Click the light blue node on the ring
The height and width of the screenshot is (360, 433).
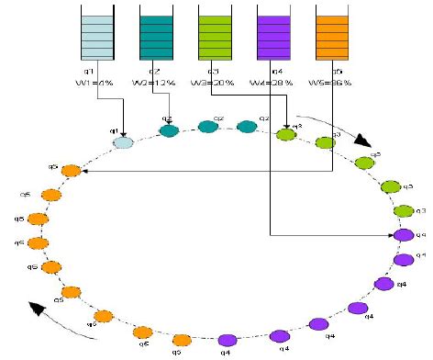[123, 141]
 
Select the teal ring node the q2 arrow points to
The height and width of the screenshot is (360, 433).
[169, 130]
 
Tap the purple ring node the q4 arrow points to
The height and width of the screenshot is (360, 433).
[403, 235]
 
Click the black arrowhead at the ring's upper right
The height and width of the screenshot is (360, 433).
[363, 142]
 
